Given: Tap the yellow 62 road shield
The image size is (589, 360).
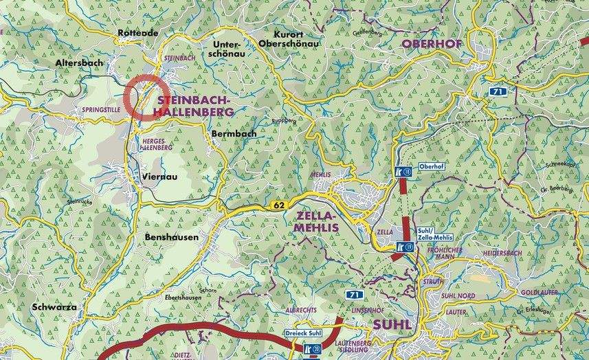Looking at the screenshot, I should click(x=278, y=205).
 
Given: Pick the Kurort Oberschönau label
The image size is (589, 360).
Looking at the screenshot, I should click(x=289, y=38).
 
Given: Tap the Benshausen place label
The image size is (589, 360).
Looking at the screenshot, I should click(x=172, y=237).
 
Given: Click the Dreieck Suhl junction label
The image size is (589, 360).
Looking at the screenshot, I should click(x=304, y=333).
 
